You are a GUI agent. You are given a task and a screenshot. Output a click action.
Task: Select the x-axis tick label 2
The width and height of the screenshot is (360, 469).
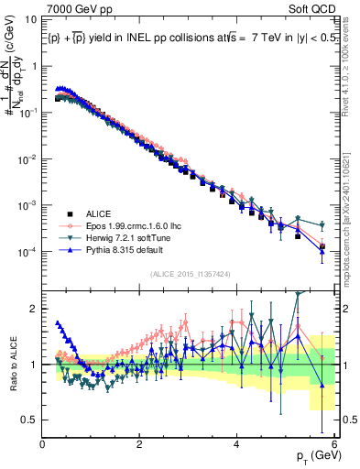point(140,444)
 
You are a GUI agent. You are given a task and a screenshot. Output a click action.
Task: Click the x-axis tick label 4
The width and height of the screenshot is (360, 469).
point(237,444)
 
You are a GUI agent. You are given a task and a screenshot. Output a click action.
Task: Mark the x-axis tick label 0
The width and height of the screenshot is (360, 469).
point(43,444)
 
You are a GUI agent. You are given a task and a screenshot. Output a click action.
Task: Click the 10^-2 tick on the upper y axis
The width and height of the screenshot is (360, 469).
point(26,158)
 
